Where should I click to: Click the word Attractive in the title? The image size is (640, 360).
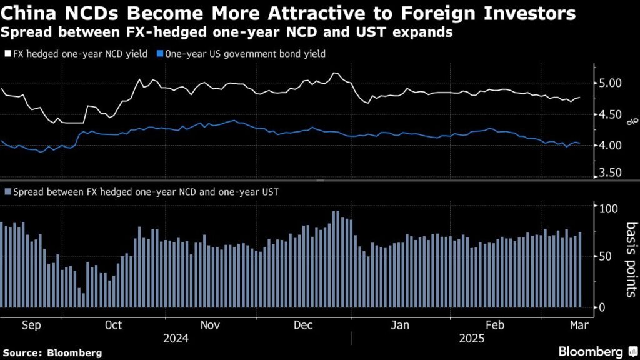coord(325,14)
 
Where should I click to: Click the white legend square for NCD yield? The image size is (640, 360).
coord(7,54)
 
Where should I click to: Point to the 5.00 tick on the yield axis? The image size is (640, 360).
coord(609,83)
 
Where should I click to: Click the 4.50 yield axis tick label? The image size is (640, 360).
coord(609,114)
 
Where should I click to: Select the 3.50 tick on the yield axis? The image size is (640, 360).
coord(609,173)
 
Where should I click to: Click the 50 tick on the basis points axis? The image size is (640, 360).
coord(605,257)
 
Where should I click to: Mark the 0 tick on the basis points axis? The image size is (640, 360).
coord(602,307)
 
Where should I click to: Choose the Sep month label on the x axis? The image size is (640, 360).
coord(31,325)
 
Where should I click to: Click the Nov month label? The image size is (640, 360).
coord(210,325)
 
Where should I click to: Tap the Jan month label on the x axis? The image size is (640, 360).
coord(399,325)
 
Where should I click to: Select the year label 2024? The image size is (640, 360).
coord(176,339)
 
